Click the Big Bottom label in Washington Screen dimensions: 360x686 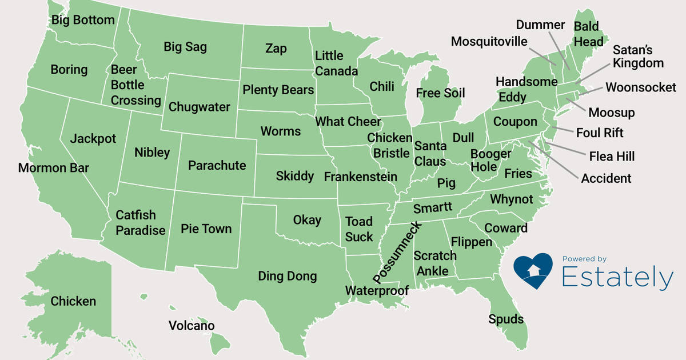click(x=83, y=21)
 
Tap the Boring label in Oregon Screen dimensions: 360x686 click(x=69, y=70)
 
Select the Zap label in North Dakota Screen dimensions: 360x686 click(x=276, y=48)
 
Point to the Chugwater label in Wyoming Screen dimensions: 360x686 click(x=200, y=107)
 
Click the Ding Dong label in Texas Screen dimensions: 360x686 click(x=287, y=277)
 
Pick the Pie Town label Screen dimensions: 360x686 click(x=206, y=229)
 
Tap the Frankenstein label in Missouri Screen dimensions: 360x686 click(x=360, y=177)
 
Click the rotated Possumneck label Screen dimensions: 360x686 click(x=397, y=252)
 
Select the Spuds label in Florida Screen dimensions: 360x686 click(x=506, y=319)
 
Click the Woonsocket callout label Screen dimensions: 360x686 click(x=641, y=87)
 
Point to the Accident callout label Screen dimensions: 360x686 click(x=606, y=178)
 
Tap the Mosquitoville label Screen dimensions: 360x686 click(x=489, y=42)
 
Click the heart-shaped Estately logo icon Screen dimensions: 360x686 click(x=533, y=270)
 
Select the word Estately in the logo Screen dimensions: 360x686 click(x=617, y=278)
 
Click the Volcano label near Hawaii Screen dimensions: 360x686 click(x=192, y=326)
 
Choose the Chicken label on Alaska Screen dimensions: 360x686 click(x=73, y=301)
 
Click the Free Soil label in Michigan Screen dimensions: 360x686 click(x=440, y=93)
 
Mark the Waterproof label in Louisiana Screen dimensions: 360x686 click(x=377, y=291)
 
